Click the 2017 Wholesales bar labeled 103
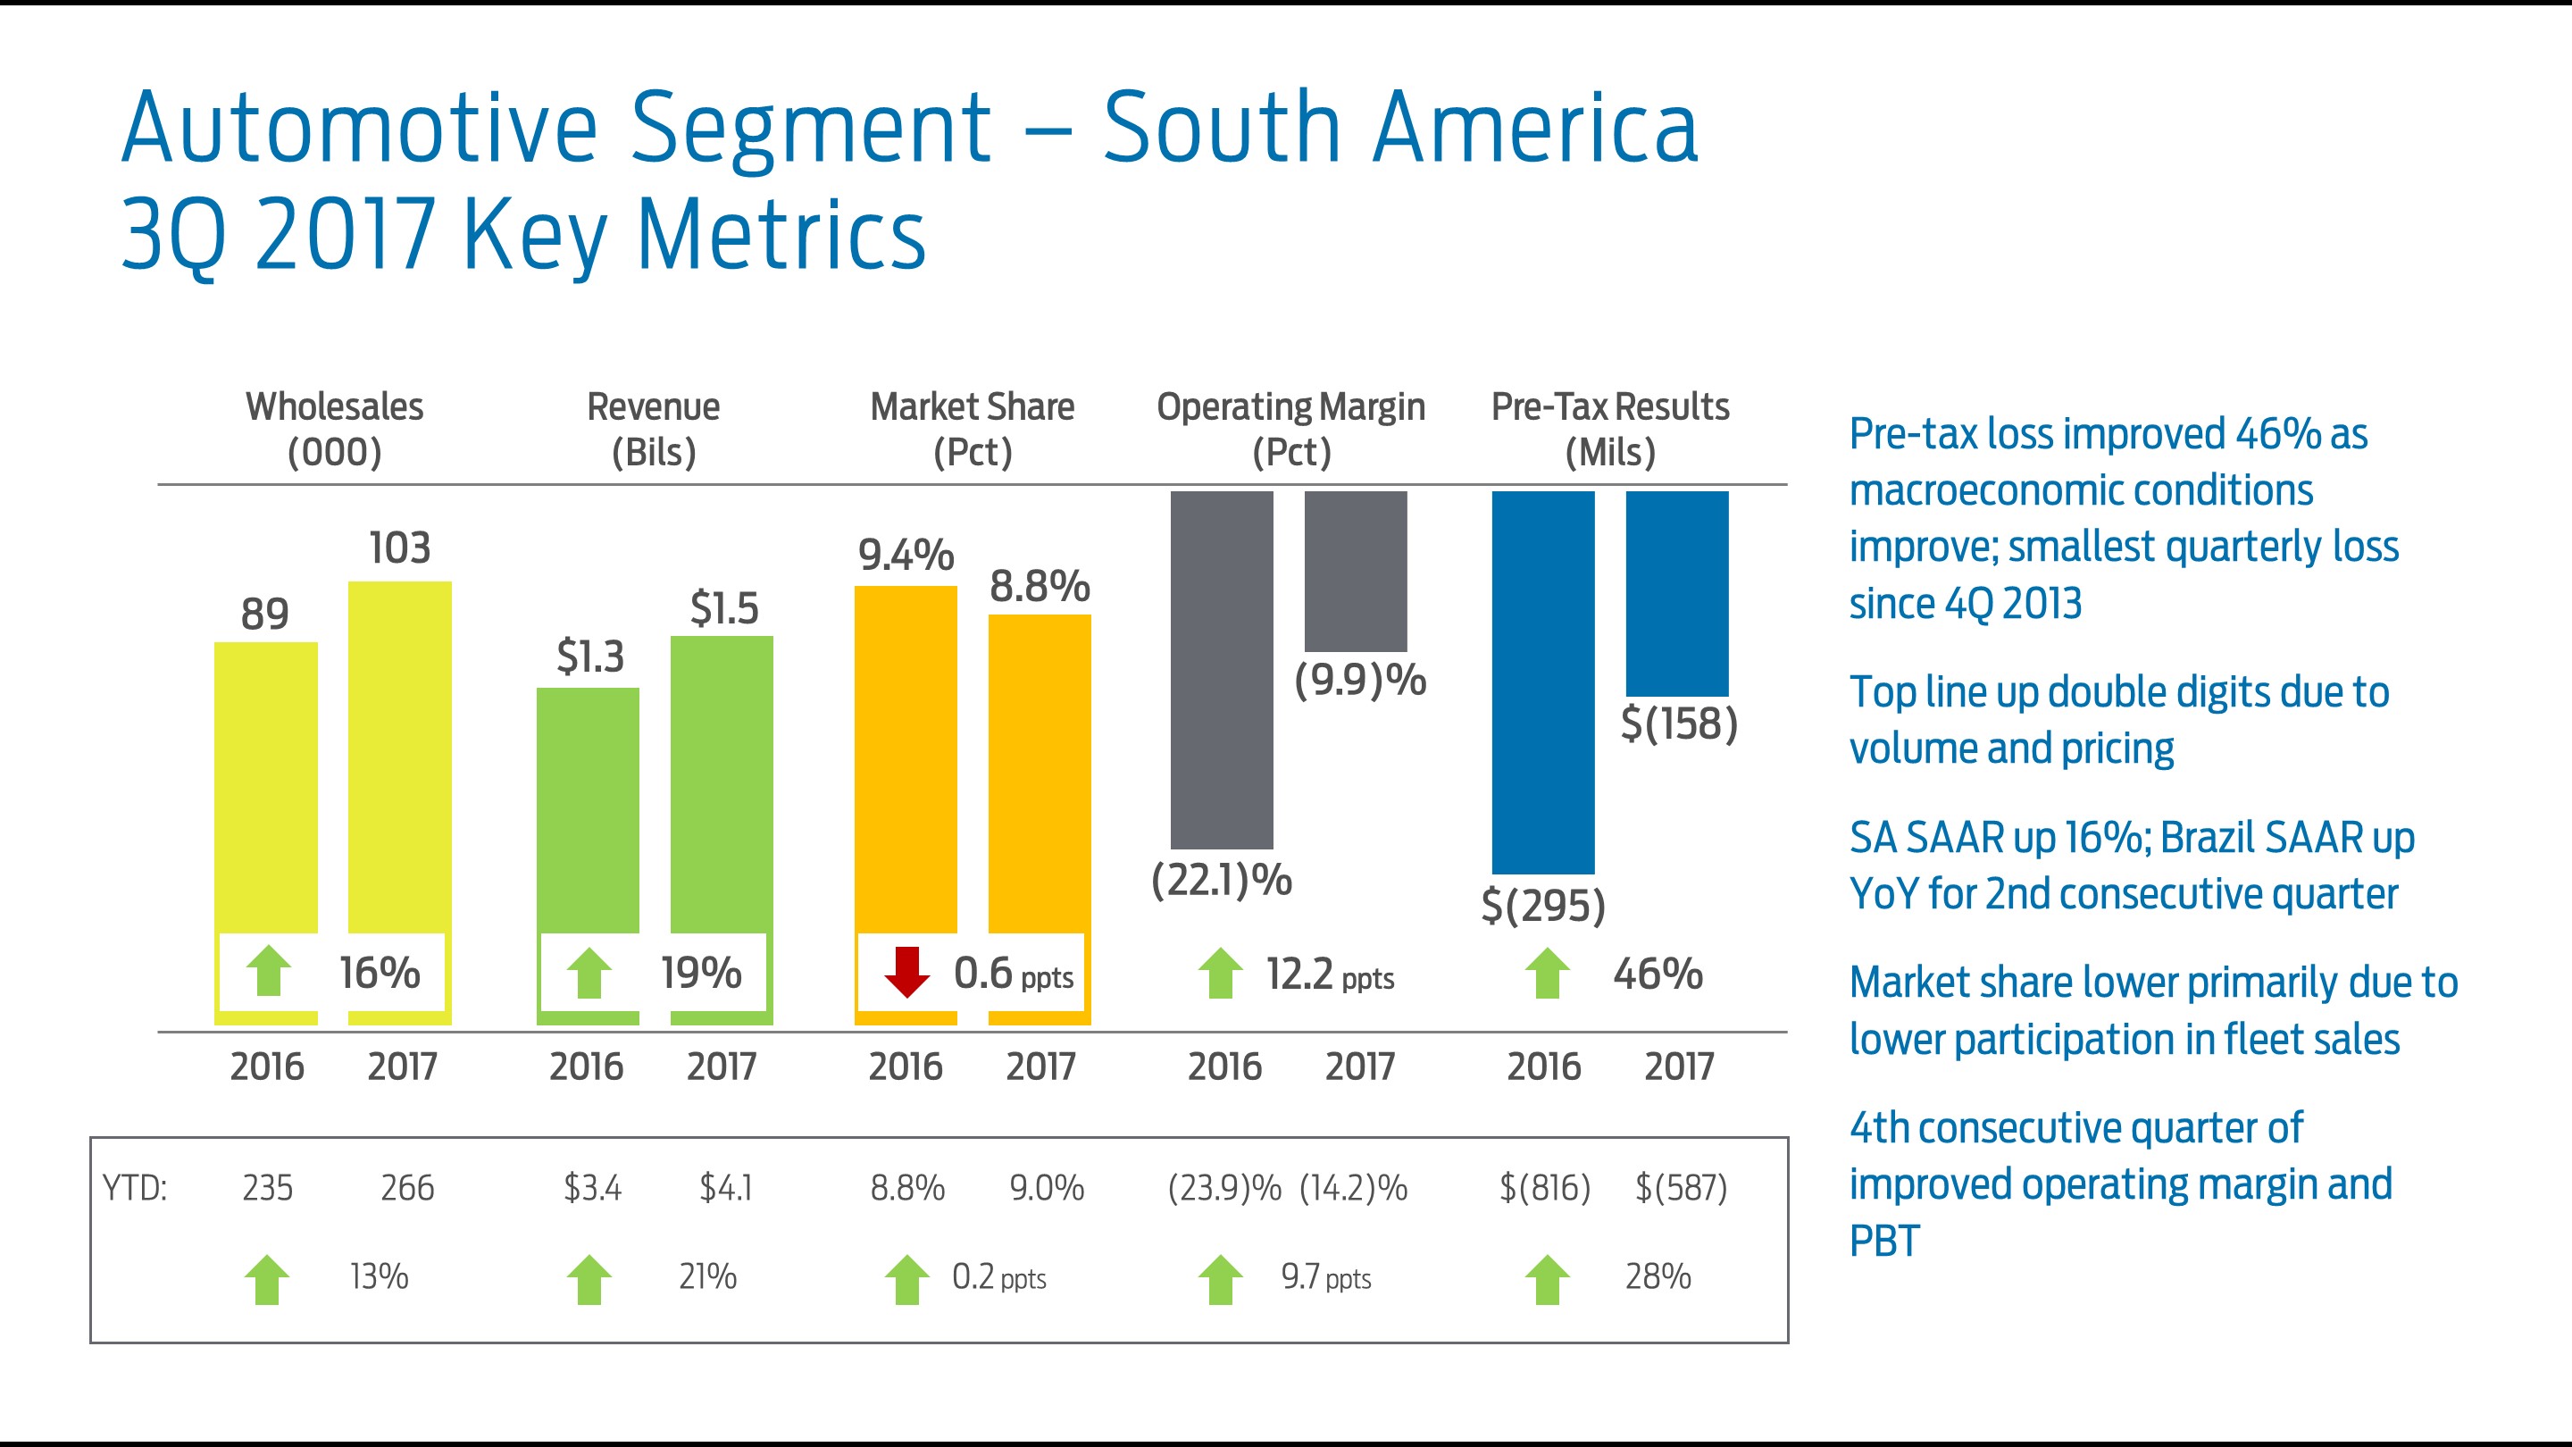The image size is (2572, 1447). pyautogui.click(x=399, y=759)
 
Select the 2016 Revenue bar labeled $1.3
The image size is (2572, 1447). pyautogui.click(x=589, y=809)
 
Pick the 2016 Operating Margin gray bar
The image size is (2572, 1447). pyautogui.click(x=1221, y=669)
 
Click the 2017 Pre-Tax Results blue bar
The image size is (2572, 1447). pyautogui.click(x=1676, y=593)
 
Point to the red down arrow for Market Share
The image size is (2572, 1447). pyautogui.click(x=906, y=973)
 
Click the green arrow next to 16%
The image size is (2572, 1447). pyautogui.click(x=268, y=972)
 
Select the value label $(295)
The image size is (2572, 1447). pyautogui.click(x=1542, y=905)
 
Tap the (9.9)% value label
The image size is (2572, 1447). pyautogui.click(x=1360, y=680)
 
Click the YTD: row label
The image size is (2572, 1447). pyautogui.click(x=135, y=1188)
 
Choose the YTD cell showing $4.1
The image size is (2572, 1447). pyautogui.click(x=726, y=1188)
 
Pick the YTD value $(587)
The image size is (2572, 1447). pyautogui.click(x=1681, y=1188)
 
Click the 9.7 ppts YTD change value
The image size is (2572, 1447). pyautogui.click(x=1326, y=1277)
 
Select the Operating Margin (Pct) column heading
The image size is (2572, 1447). pyautogui.click(x=1291, y=429)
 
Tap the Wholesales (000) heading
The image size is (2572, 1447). pyautogui.click(x=335, y=429)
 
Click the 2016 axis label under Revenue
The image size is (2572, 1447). pyautogui.click(x=586, y=1066)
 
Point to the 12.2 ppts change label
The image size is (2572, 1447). pyautogui.click(x=1329, y=974)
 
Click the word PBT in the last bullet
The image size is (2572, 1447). pyautogui.click(x=1884, y=1242)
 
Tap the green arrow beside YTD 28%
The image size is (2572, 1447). pyautogui.click(x=1548, y=1279)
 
